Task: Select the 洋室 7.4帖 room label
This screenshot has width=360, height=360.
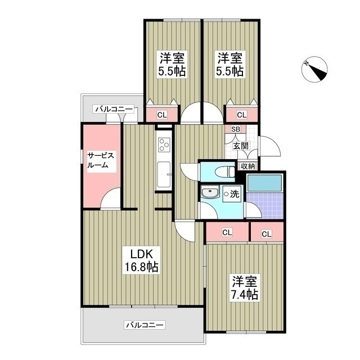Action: (243, 287)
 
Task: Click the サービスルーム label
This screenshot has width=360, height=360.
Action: (101, 160)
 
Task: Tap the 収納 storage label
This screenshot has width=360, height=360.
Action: (247, 166)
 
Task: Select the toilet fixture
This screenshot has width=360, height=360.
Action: (229, 171)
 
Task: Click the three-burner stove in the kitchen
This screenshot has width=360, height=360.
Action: (164, 143)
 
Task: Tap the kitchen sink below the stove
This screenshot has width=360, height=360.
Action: (164, 175)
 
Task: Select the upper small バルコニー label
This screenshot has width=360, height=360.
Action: (114, 109)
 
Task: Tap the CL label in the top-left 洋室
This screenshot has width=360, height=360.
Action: (161, 115)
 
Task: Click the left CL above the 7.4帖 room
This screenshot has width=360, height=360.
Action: (227, 232)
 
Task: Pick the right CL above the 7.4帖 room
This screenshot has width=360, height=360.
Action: (266, 233)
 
